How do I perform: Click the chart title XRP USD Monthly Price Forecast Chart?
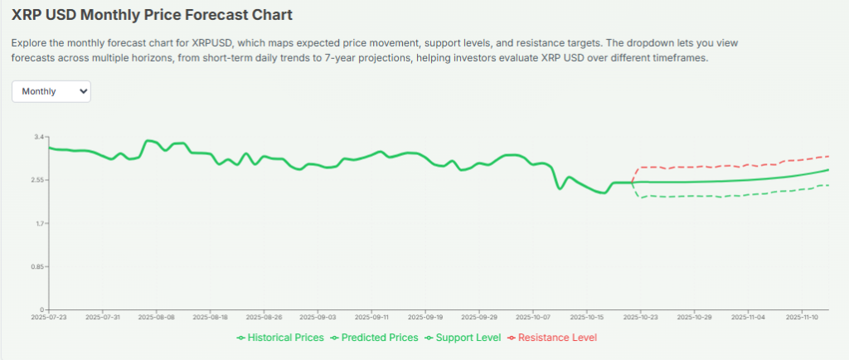point(152,15)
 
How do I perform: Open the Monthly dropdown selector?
point(51,91)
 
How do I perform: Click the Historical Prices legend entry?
point(280,338)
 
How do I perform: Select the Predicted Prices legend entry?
point(374,338)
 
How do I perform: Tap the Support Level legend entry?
point(463,338)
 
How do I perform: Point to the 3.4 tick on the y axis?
point(38,136)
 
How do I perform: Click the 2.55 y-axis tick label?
point(36,180)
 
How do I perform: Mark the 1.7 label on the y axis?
point(38,223)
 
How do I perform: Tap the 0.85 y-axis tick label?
point(36,266)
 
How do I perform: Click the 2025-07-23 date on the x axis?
point(49,317)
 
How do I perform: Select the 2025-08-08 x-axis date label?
point(157,317)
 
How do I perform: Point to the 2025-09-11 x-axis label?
point(371,317)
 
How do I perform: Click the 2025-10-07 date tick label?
point(533,317)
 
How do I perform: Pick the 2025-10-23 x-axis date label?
point(640,317)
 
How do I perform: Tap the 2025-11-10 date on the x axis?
point(802,317)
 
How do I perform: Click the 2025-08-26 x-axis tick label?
point(264,317)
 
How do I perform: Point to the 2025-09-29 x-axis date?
point(479,317)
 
